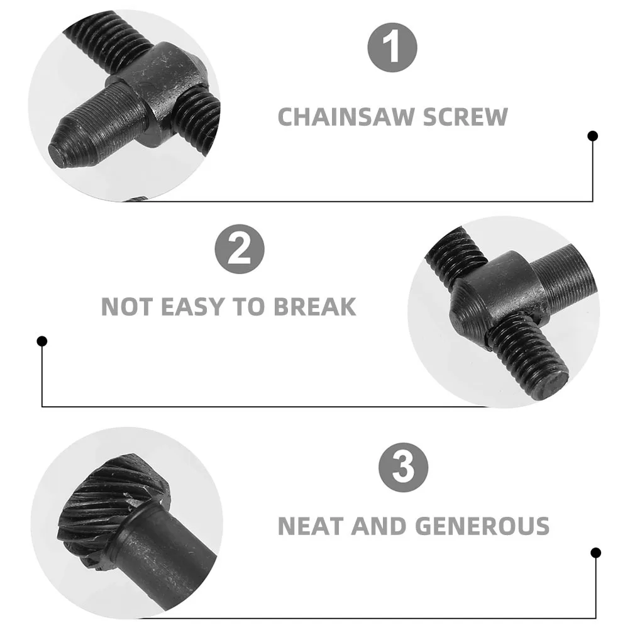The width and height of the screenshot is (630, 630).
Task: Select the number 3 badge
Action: (x=403, y=468)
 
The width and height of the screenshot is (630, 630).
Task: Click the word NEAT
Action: (x=310, y=526)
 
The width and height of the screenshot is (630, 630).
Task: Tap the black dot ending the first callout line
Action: (x=592, y=136)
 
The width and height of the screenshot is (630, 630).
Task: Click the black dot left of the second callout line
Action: (x=42, y=341)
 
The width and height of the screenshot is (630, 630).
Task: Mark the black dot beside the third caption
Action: (x=595, y=553)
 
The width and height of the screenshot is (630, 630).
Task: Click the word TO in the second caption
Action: (x=253, y=307)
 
